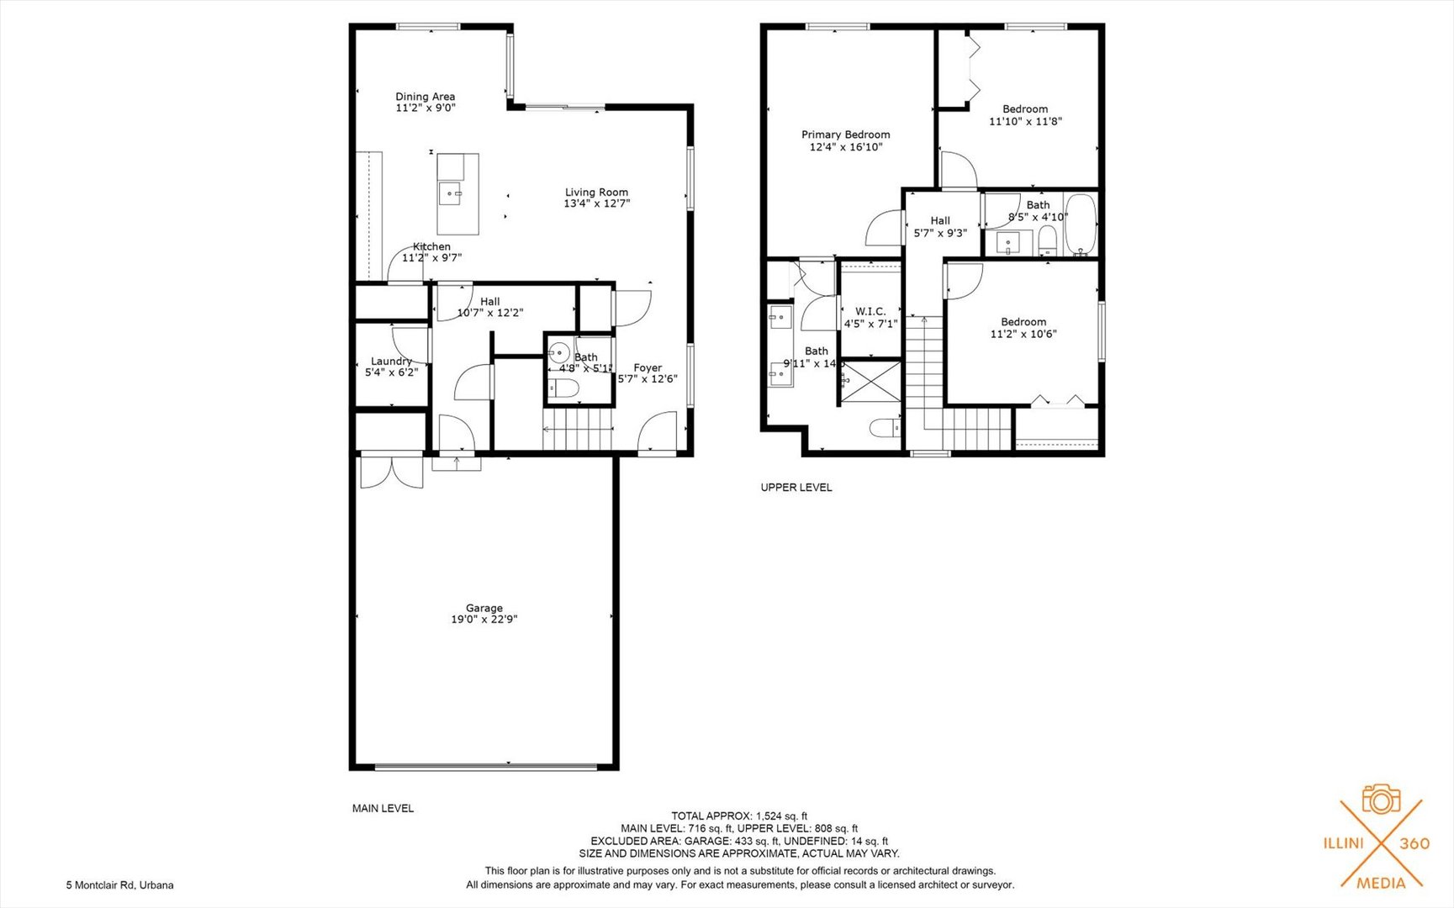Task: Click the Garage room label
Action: pos(484,608)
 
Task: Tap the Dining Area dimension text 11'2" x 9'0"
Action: pos(426,108)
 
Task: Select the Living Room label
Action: pos(596,192)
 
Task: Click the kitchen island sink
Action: pos(451,194)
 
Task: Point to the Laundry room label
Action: pos(391,361)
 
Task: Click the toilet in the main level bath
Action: pos(563,388)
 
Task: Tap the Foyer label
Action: pos(647,367)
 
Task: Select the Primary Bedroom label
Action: pos(845,135)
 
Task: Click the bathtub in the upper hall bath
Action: pos(1080,224)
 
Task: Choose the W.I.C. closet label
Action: pos(870,311)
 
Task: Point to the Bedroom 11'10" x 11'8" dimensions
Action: pos(1025,121)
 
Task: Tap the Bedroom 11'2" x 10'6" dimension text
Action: pos(1023,334)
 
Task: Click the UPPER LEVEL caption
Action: pos(796,488)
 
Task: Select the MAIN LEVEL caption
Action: pos(383,809)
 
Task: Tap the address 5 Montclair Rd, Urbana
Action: pos(120,885)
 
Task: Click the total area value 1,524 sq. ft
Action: pos(781,816)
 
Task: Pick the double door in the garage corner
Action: pos(391,472)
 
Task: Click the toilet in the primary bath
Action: pos(885,429)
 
